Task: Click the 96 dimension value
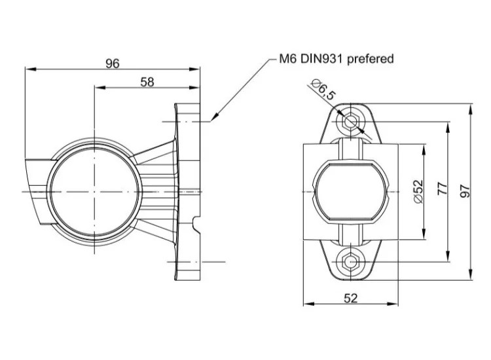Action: tap(113, 63)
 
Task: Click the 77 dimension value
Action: tap(443, 189)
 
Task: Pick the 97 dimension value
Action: tap(465, 191)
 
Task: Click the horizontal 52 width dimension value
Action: tap(351, 298)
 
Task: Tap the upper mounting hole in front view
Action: tap(351, 121)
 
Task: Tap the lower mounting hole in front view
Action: tap(351, 261)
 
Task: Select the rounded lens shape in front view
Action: tap(351, 191)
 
